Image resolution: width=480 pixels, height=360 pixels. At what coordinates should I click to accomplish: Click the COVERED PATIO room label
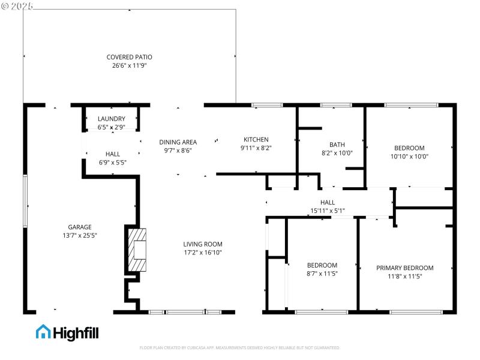(x=129, y=57)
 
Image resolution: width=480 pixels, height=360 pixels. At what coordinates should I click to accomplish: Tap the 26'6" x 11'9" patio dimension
(x=129, y=65)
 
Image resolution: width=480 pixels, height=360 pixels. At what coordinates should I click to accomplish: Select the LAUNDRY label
(x=112, y=119)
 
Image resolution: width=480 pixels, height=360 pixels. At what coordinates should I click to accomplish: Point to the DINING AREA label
(x=178, y=142)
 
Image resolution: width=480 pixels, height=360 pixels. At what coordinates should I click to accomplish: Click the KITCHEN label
(x=256, y=139)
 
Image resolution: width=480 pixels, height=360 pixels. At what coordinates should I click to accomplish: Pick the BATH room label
(x=337, y=145)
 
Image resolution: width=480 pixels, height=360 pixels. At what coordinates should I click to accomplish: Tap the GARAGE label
(x=79, y=227)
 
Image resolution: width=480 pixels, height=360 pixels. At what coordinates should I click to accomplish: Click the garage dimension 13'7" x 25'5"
(x=79, y=235)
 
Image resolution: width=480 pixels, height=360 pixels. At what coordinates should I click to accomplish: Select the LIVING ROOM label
(x=203, y=244)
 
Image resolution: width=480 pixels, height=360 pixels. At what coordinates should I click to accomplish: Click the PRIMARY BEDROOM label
(x=405, y=268)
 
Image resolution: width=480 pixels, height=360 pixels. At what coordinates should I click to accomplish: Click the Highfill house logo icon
(x=43, y=332)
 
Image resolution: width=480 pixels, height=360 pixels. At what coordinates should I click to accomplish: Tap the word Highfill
(x=76, y=332)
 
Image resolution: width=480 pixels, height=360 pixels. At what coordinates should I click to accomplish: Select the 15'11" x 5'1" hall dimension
(x=328, y=211)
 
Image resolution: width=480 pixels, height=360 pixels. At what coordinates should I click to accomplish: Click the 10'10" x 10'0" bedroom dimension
(x=409, y=156)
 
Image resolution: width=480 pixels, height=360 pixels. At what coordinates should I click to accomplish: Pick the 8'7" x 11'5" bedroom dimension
(x=322, y=274)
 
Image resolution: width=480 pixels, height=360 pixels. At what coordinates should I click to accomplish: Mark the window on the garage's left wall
(x=25, y=201)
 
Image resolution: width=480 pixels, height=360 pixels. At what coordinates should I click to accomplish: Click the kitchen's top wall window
(x=267, y=106)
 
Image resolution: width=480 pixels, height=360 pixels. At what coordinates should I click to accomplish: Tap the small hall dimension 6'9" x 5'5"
(x=113, y=162)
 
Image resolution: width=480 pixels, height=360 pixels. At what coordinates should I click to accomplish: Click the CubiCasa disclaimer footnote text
(x=240, y=347)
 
